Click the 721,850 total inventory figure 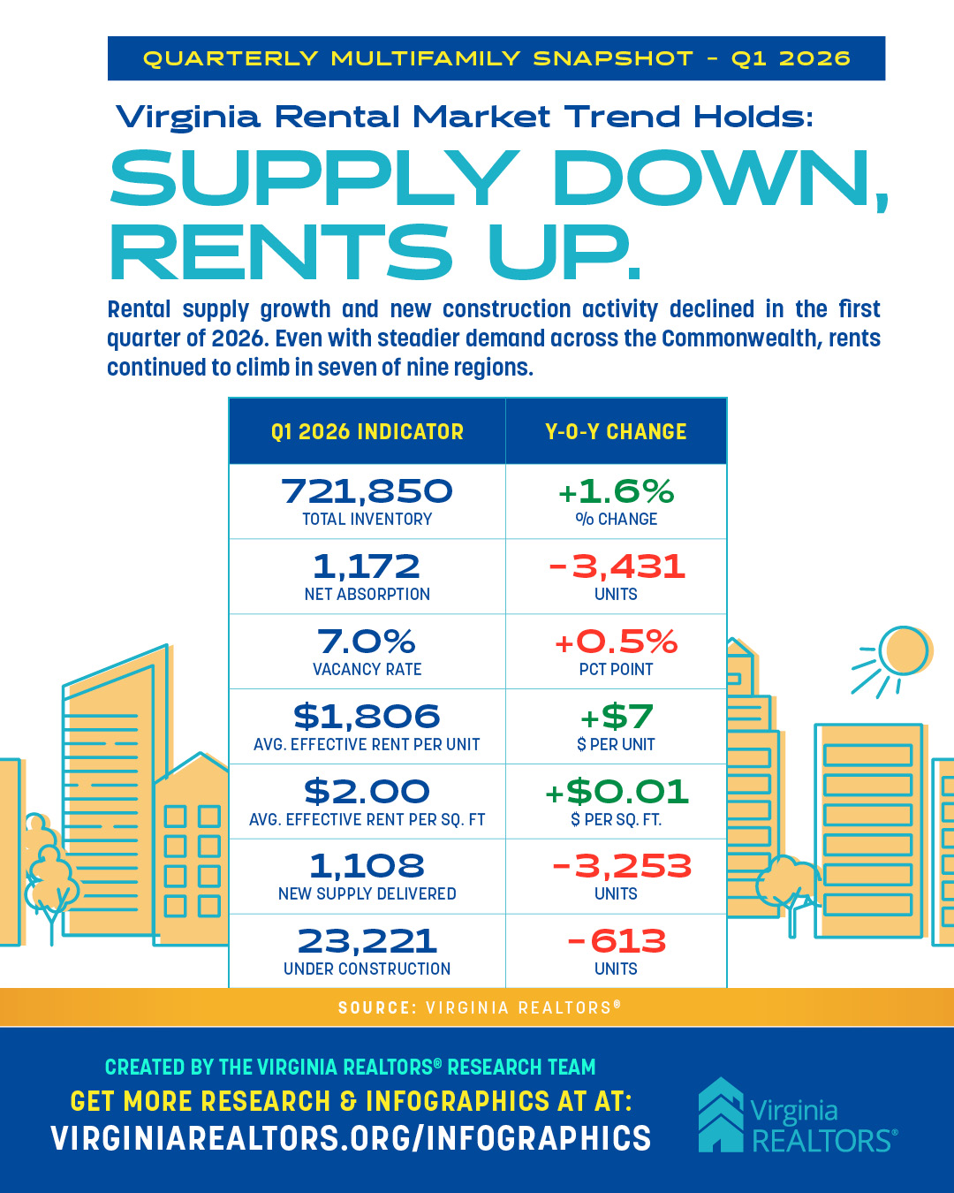367,491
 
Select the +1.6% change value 616,491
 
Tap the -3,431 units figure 616,566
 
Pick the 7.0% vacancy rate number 367,642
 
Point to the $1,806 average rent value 367,717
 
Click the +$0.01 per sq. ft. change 616,792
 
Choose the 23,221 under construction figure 367,941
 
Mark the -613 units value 616,941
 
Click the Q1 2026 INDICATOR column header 367,432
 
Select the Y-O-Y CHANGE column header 616,432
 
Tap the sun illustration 903,651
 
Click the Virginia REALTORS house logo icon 721,1114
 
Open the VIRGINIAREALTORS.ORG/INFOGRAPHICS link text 351,1138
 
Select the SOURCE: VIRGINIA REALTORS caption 479,1007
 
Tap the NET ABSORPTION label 367,595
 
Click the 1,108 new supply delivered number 367,866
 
